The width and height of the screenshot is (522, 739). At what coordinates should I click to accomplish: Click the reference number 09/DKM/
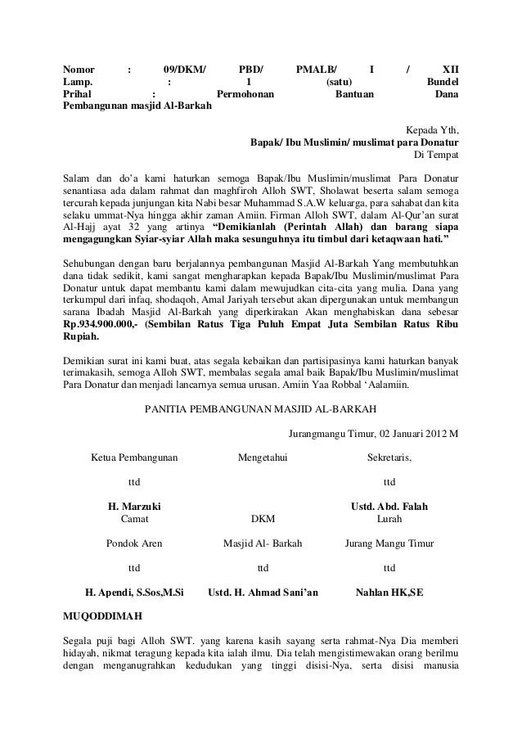click(x=184, y=70)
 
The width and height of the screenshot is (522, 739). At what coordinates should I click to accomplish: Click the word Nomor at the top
click(x=80, y=70)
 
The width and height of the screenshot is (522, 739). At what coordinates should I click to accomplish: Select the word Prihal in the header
click(x=80, y=95)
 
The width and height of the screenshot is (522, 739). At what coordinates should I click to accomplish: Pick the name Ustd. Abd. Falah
click(x=389, y=507)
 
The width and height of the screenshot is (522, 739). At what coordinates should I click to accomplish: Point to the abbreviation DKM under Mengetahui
click(x=263, y=519)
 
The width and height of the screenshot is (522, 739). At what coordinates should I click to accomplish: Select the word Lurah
click(x=389, y=519)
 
